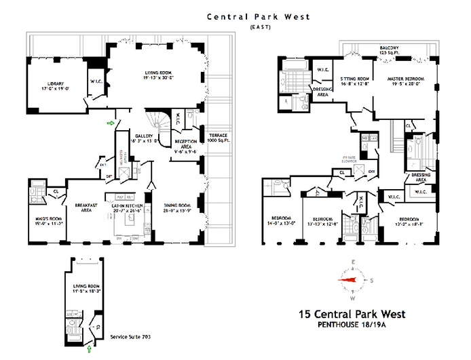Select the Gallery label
pos(147,138)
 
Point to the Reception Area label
pos(185,145)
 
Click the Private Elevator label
pos(350,160)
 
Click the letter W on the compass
pos(353,298)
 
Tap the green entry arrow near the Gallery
pos(110,123)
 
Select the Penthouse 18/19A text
pos(352,325)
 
